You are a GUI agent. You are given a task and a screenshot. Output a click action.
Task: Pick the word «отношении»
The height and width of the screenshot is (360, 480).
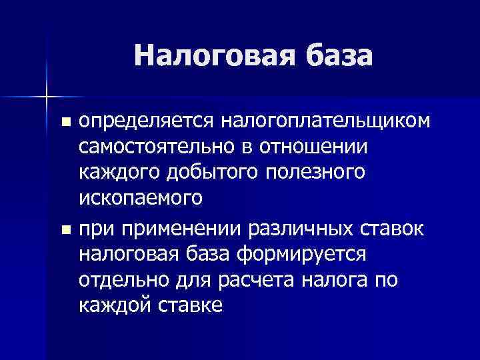(x=313, y=147)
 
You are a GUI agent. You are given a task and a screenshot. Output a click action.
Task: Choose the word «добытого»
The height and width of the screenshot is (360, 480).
(x=213, y=173)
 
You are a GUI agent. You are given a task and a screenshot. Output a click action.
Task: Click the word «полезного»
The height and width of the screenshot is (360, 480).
(x=316, y=173)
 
